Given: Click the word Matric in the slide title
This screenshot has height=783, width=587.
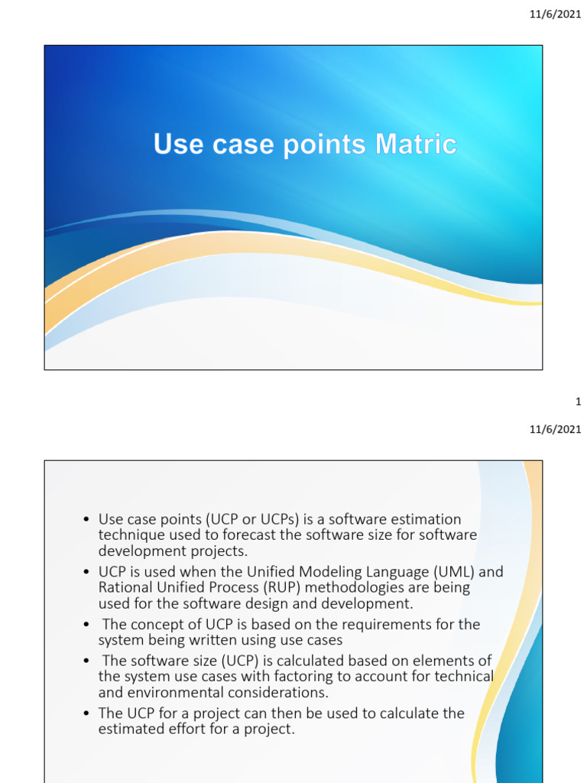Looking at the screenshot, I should point(416,145).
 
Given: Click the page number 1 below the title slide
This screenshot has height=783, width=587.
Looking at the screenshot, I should point(578,401).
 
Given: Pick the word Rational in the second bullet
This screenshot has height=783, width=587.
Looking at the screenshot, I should point(125,587).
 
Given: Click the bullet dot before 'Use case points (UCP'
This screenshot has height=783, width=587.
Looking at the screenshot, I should point(87,521).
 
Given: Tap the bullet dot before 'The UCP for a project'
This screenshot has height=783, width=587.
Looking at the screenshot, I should point(87,714).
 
